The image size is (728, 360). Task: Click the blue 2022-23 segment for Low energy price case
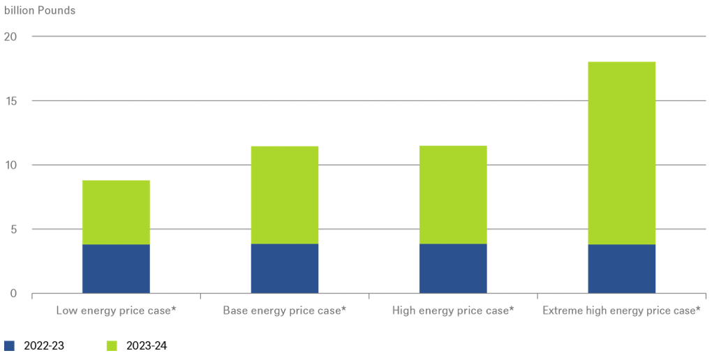(x=116, y=269)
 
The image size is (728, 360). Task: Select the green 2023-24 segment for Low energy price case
(x=116, y=212)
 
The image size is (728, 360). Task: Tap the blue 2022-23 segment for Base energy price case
(x=284, y=269)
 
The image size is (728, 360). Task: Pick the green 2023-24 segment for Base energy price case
(x=284, y=195)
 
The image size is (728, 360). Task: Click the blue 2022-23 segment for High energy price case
(x=453, y=269)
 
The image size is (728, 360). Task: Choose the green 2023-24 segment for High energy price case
(x=453, y=195)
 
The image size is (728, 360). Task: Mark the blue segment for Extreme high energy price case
(x=621, y=269)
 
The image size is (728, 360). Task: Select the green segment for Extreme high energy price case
(x=621, y=153)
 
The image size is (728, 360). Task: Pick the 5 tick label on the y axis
(x=13, y=229)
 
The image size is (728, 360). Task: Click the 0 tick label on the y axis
(x=13, y=293)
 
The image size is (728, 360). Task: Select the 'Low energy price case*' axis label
(x=116, y=310)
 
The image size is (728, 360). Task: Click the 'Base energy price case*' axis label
(x=284, y=310)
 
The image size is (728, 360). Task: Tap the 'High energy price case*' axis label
(x=453, y=310)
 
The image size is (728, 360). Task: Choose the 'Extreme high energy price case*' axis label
(x=621, y=310)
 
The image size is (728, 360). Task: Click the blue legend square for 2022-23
(x=9, y=345)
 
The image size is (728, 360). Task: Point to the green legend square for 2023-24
(x=112, y=345)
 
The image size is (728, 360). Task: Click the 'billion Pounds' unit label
(x=40, y=10)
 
